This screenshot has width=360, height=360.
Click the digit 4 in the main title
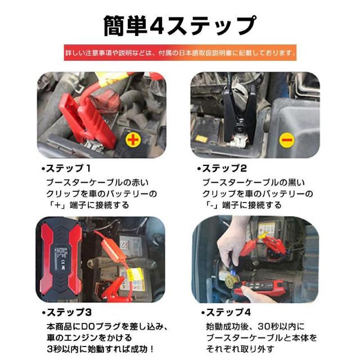(x=156, y=26)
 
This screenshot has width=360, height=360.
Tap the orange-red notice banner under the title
(x=180, y=52)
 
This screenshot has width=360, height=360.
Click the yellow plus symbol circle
(x=133, y=139)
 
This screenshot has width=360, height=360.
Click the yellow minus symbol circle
(x=286, y=140)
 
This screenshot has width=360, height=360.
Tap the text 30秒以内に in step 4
(x=281, y=326)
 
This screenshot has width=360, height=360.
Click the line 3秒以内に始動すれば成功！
(x=100, y=349)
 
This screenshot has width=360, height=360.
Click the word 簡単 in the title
(x=125, y=26)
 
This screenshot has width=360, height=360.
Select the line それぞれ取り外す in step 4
(x=240, y=349)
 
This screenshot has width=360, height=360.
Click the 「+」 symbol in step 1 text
(x=57, y=205)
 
